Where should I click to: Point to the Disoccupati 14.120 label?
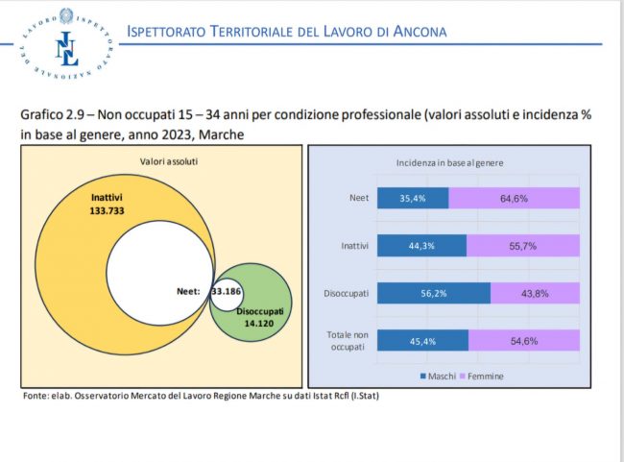260,318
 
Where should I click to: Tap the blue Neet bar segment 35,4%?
413,198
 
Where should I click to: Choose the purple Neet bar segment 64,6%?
514,198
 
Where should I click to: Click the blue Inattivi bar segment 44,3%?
421,245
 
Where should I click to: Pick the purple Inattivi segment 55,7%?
523,245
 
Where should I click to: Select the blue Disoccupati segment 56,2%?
433,293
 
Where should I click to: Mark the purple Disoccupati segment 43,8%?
535,293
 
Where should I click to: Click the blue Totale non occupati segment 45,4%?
422,340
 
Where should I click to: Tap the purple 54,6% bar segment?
524,340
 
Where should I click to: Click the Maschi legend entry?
440,377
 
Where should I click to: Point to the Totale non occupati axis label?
346,339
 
